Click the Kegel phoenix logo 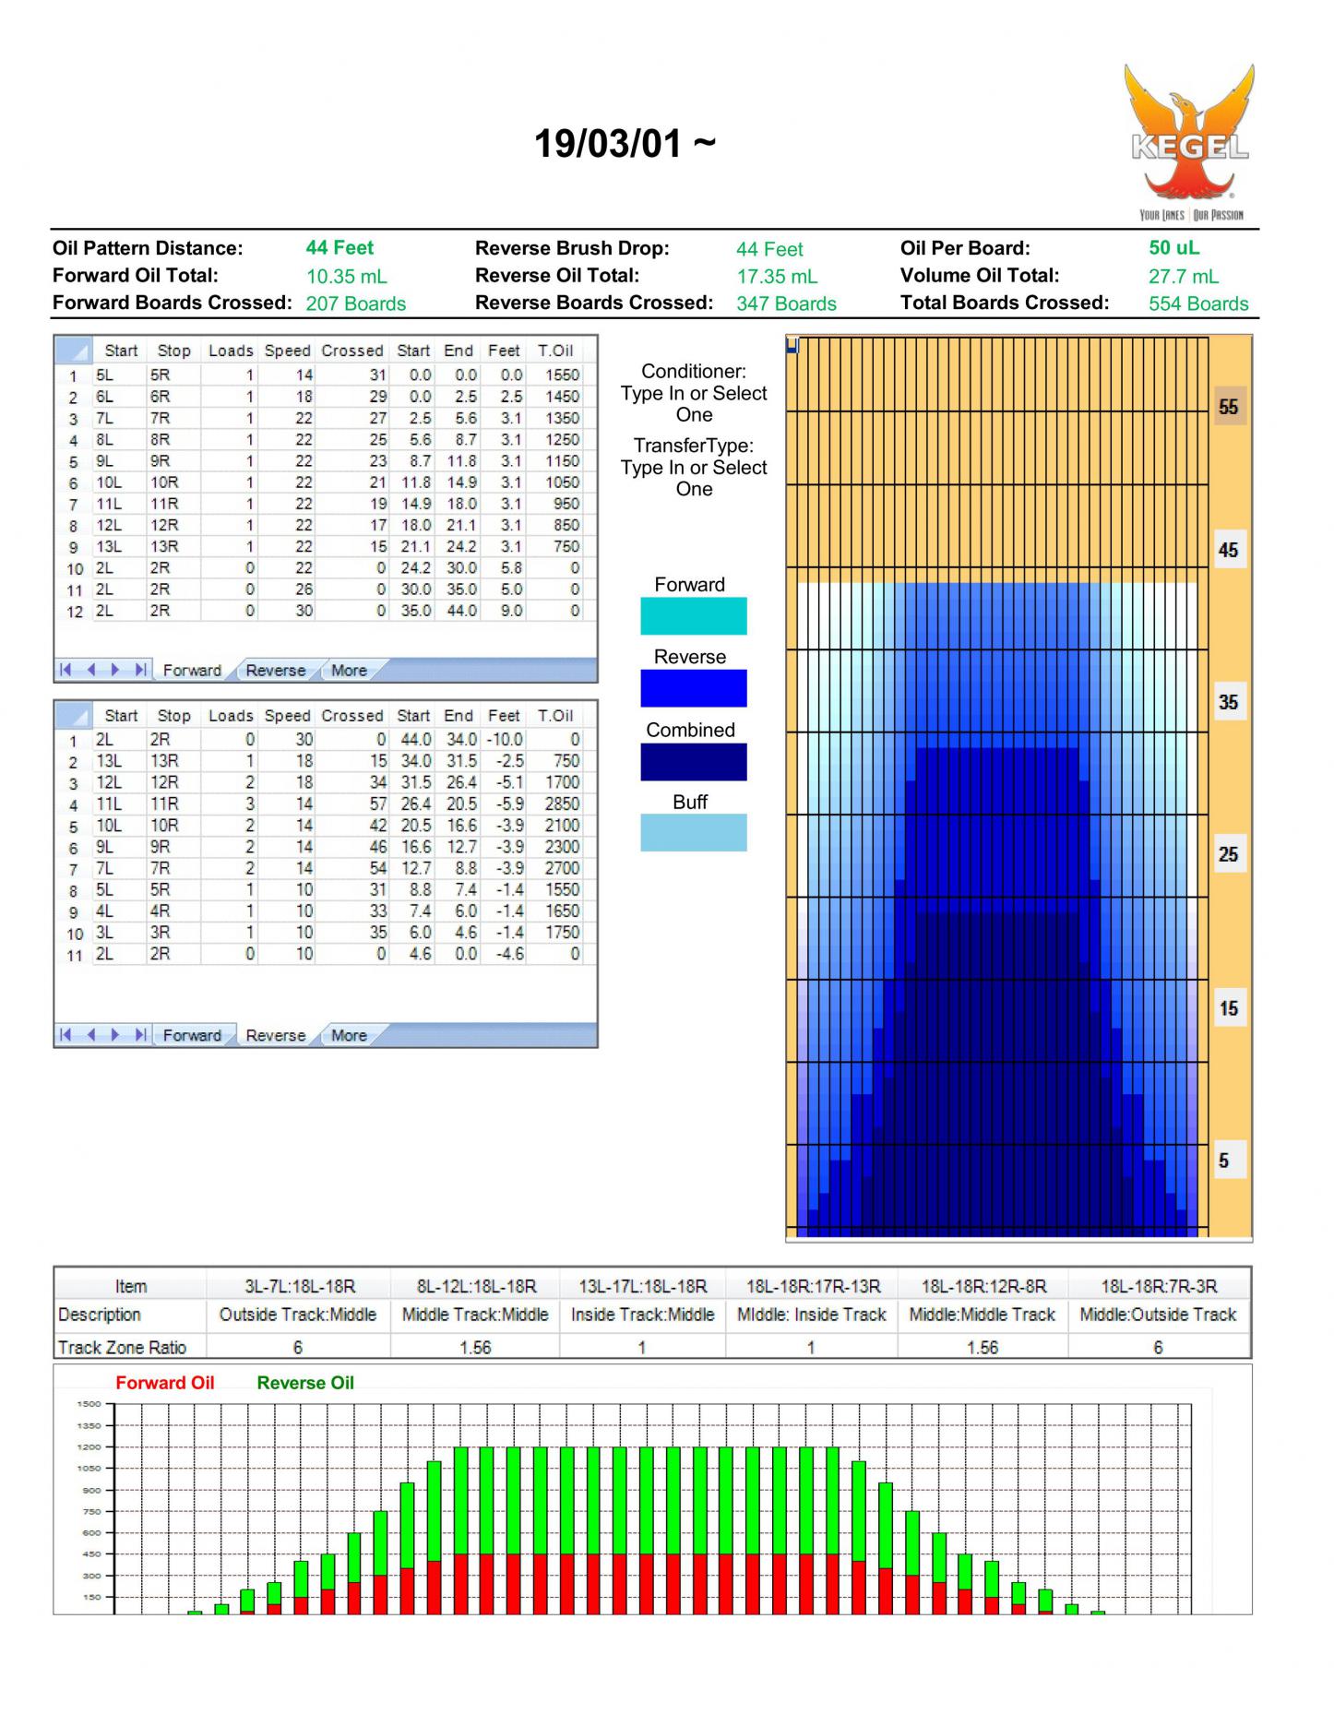pos(1189,142)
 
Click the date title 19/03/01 pos(608,144)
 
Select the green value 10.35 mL pos(347,277)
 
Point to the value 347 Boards pos(786,304)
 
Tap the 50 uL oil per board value pos(1173,248)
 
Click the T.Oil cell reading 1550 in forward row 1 pos(562,375)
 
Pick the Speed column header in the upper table pos(287,351)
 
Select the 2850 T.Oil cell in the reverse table pos(562,803)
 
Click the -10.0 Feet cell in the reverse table pos(505,740)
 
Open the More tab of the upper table pos(349,671)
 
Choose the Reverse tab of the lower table pos(275,1035)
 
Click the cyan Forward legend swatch pos(693,615)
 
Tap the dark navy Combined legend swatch pos(693,762)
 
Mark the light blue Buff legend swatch pos(693,832)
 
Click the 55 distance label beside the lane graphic pos(1228,407)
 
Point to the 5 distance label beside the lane pos(1224,1161)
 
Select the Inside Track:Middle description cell pos(643,1315)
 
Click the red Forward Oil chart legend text pos(165,1383)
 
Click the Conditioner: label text pos(694,372)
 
